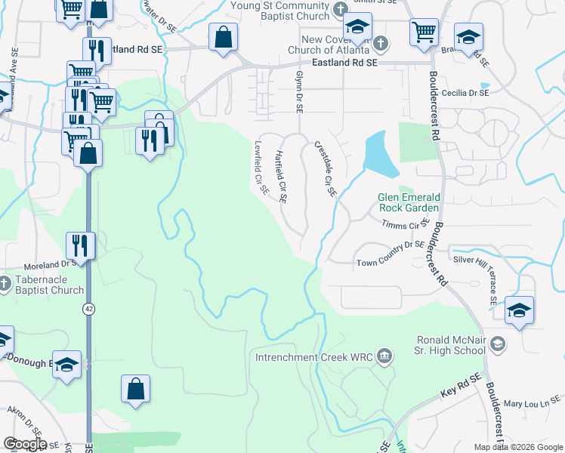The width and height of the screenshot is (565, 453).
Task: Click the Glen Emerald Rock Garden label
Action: (408, 202)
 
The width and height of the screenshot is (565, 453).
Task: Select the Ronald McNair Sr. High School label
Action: (449, 345)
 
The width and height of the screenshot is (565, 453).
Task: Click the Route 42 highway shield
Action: (88, 309)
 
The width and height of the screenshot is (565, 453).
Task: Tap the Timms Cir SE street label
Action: (406, 225)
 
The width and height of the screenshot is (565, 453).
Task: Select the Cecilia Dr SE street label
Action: (466, 93)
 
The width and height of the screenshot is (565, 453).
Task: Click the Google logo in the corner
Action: (25, 444)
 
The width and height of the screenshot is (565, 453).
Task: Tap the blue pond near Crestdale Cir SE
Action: (375, 154)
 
